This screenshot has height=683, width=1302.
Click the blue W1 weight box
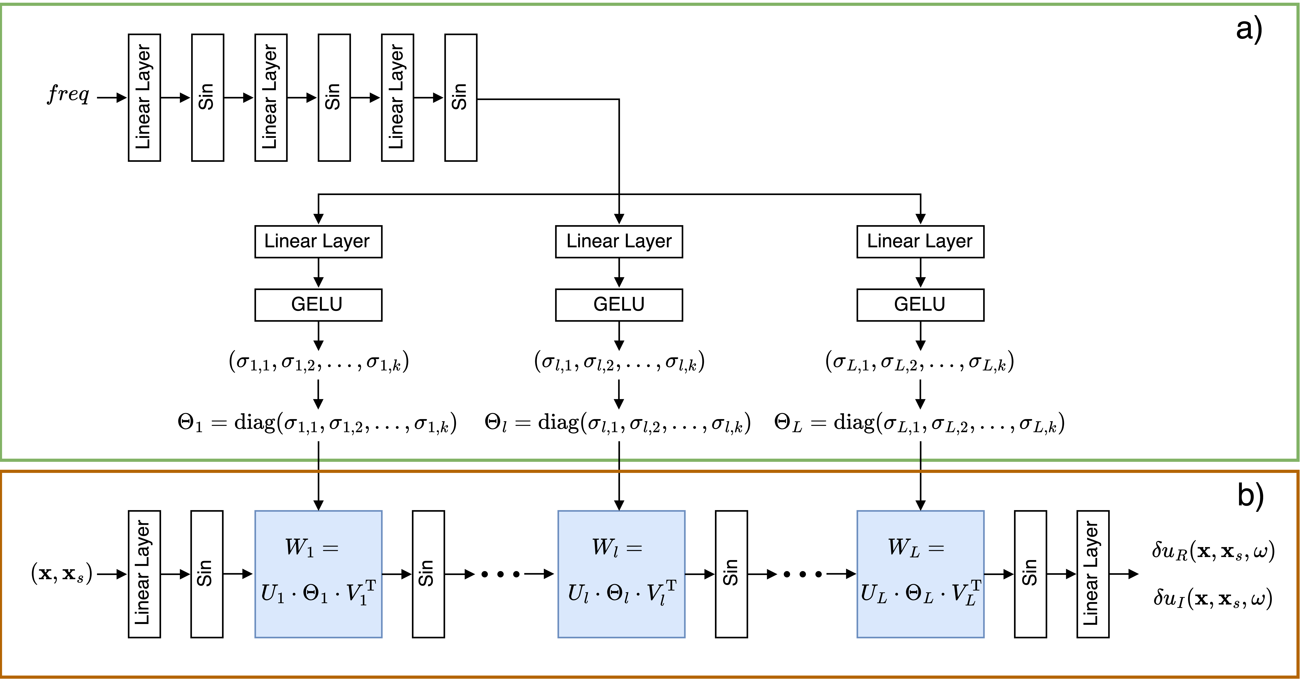(318, 574)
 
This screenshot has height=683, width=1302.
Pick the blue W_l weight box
(621, 574)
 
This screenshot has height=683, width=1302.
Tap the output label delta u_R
(1213, 551)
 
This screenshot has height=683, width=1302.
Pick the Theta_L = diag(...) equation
(919, 423)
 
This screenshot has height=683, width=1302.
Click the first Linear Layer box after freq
(144, 98)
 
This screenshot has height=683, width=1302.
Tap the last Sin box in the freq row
(460, 98)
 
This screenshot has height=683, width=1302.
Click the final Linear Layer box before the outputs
(1093, 574)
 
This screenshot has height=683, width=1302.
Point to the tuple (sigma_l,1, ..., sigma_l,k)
(619, 362)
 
